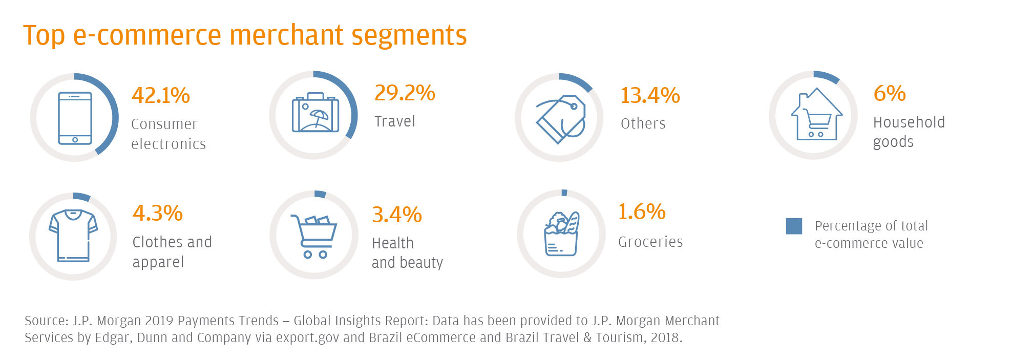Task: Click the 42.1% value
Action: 160,96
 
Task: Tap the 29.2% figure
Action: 405,93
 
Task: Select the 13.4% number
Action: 650,96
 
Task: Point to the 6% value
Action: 890,94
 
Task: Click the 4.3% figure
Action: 158,214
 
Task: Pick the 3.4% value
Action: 397,215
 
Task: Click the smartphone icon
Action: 75,118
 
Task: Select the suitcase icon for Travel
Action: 315,113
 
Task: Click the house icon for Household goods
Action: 816,115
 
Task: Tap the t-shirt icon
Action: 73,236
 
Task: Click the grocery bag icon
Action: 561,234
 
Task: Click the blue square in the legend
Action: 794,226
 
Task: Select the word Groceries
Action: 650,242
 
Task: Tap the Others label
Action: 643,124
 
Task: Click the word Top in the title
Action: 44,36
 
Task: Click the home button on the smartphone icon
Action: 75,140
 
